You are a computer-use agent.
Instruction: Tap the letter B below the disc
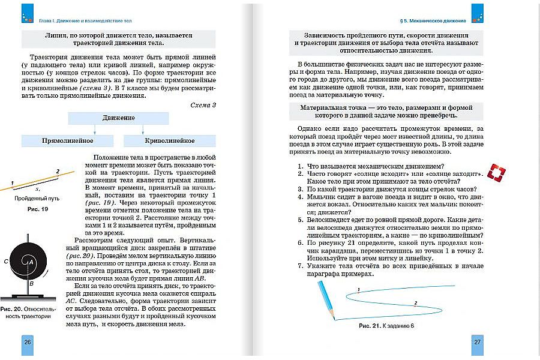(x=29, y=283)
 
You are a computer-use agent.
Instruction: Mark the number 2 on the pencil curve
(x=415, y=304)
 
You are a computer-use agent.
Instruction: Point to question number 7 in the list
(x=301, y=265)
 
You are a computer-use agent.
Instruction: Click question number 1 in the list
(x=301, y=166)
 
